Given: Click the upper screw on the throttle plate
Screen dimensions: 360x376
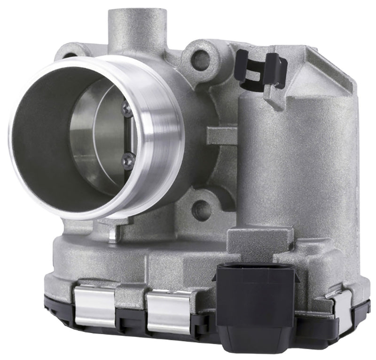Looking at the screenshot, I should point(126,109).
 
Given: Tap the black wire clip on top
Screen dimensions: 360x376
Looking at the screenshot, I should point(261,69).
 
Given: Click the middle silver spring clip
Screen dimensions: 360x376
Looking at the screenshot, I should point(169,311).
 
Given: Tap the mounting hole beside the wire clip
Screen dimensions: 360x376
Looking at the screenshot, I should point(201,60).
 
